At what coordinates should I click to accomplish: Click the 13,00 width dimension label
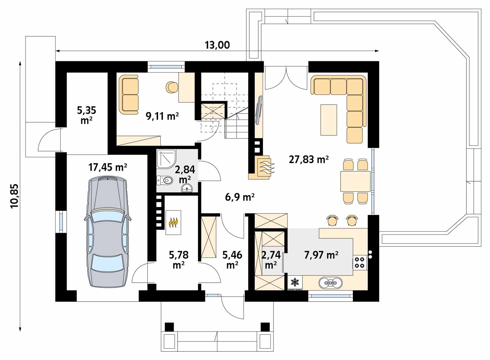[x=217, y=45]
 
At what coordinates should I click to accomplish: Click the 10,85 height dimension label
[x=15, y=196]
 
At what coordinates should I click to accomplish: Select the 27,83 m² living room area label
[x=309, y=159]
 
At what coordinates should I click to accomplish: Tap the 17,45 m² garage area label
[x=108, y=167]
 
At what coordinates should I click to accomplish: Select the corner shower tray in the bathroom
[x=166, y=159]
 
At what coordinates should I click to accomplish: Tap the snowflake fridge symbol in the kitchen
[x=295, y=282]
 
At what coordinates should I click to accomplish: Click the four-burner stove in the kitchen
[x=360, y=262]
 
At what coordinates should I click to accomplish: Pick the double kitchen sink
[x=330, y=283]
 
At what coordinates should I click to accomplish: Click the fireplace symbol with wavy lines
[x=265, y=167]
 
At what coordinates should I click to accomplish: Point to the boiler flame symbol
[x=173, y=222]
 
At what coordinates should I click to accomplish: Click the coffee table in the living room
[x=329, y=120]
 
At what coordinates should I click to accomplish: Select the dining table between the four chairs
[x=355, y=182]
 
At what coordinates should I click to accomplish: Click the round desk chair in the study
[x=172, y=87]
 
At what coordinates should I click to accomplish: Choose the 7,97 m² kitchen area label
[x=321, y=255]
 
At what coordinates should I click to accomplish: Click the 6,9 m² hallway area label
[x=240, y=197]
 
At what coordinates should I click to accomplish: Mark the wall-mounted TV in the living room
[x=259, y=110]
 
